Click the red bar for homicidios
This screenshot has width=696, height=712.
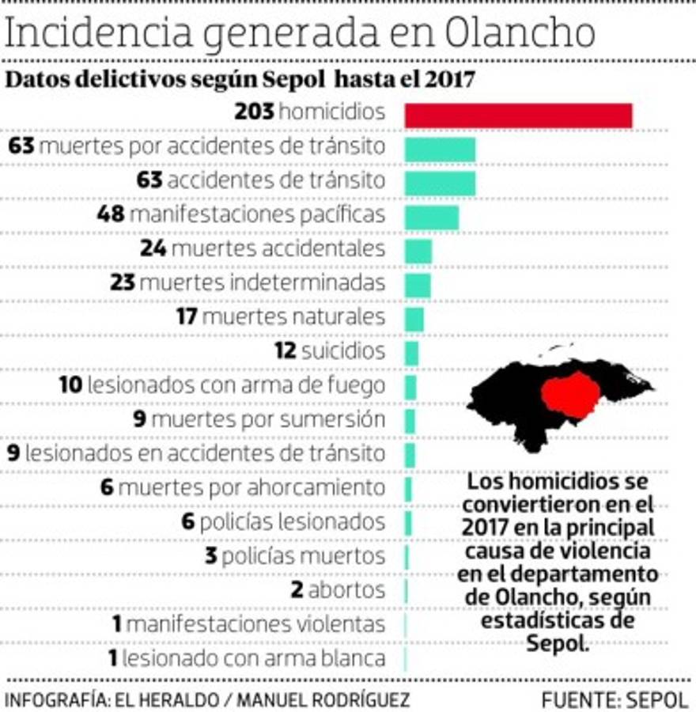point(518,115)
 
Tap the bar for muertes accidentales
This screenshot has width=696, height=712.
point(418,251)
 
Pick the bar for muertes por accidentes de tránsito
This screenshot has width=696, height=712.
point(440,149)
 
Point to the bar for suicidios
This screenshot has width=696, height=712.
point(411,353)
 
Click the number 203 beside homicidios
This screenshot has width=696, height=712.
point(254,112)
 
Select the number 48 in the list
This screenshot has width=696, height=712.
point(111,214)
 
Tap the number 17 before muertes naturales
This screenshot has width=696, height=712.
point(187,317)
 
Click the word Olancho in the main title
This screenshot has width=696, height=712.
point(519,33)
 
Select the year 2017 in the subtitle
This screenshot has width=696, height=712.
point(448,79)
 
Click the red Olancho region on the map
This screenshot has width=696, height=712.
point(571,394)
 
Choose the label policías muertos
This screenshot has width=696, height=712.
point(304,555)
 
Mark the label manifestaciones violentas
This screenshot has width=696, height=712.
point(255,624)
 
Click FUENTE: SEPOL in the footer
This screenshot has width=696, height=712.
point(615,699)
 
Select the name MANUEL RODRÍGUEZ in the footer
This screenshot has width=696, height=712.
point(323,699)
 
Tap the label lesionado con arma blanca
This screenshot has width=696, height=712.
point(254,658)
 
